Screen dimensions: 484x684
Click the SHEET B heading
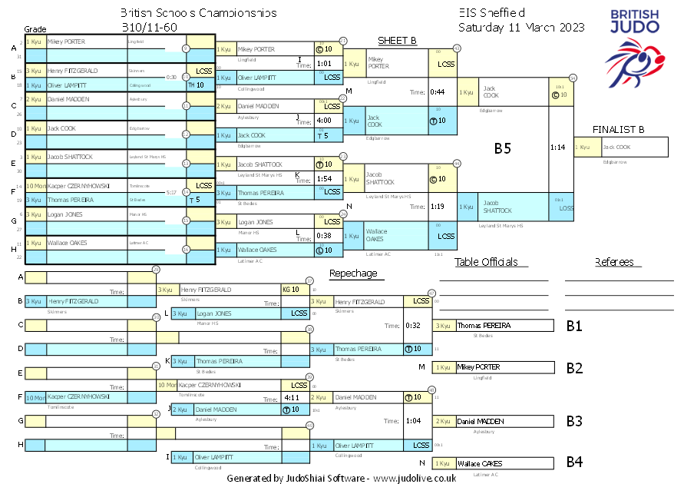pos(397,40)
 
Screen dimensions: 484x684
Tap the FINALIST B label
pos(618,129)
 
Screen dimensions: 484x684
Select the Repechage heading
pos(353,273)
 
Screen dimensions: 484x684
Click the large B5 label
pos(502,149)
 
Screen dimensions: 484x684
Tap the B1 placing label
pos(574,326)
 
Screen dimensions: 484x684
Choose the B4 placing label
pos(574,462)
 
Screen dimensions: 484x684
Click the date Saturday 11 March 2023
pos(521,27)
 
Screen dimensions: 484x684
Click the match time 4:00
pos(324,121)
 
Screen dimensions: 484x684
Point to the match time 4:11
pos(291,398)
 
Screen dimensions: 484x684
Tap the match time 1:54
pos(324,178)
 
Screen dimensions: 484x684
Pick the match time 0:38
pos(324,236)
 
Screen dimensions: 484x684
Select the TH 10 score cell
pos(196,85)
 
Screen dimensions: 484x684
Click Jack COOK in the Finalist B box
pos(616,147)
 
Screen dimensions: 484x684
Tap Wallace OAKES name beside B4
pos(480,463)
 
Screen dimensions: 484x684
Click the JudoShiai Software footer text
pos(341,478)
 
